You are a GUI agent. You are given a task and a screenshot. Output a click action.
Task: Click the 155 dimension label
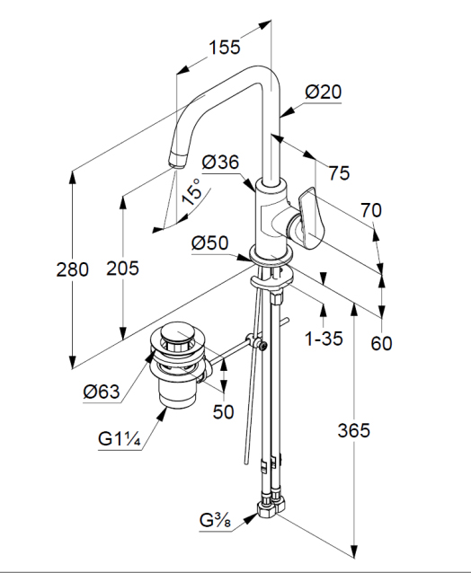225,47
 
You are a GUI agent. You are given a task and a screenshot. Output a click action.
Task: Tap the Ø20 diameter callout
324,92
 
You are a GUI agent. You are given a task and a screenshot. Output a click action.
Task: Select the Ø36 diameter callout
220,162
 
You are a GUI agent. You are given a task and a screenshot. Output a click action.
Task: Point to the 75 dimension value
339,172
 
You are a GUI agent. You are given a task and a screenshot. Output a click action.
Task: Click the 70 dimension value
371,210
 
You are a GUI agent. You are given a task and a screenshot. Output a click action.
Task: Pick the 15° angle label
191,192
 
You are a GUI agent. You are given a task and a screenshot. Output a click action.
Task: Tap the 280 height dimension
73,269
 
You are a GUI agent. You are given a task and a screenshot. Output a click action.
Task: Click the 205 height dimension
122,269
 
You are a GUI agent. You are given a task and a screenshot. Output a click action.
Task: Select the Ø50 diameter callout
210,242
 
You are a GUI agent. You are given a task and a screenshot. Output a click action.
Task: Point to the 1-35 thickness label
324,339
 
